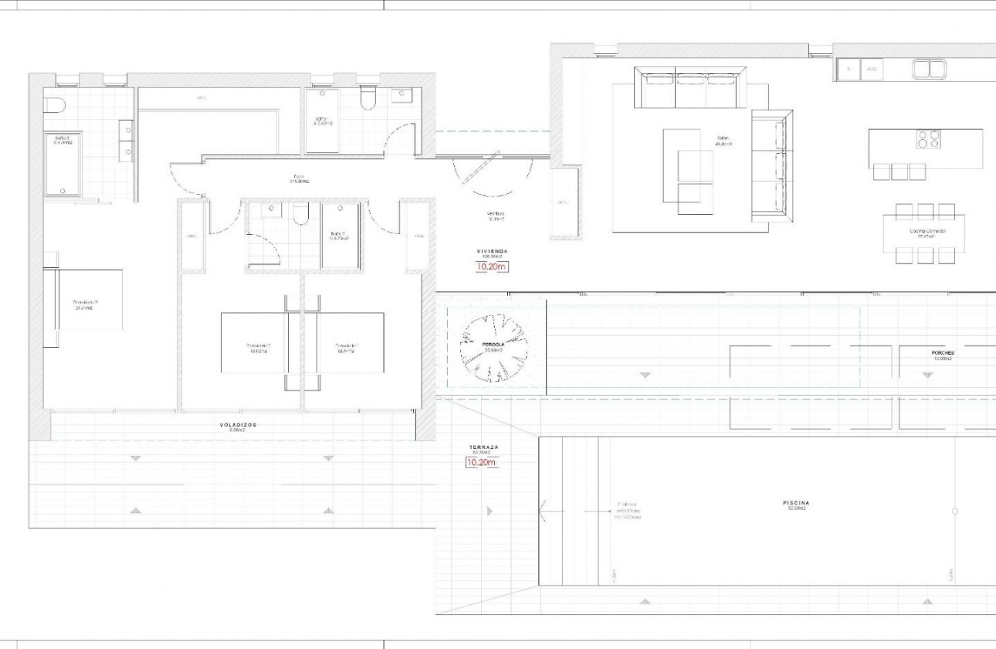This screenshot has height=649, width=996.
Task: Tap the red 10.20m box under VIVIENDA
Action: point(492,268)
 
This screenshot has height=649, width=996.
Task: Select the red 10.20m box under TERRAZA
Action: point(481,463)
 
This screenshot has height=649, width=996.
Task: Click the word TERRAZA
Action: point(483,447)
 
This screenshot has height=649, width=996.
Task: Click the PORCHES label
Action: point(943,353)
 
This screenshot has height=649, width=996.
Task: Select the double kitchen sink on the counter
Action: point(929,70)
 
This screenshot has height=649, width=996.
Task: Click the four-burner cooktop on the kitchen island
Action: point(928,139)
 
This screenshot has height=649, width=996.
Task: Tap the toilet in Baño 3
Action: point(55,105)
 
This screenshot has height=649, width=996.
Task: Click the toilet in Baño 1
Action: point(368,100)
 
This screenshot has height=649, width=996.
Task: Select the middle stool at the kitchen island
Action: point(899,172)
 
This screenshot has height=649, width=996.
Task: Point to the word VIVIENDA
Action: point(492,252)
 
